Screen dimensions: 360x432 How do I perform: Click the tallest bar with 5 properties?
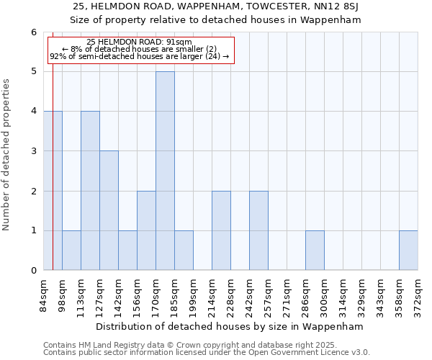coord(165,171)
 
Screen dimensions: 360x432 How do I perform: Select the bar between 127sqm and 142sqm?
coord(109,210)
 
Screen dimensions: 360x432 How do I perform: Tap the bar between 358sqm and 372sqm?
coord(408,250)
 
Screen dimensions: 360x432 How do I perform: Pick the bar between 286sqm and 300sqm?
coord(315,250)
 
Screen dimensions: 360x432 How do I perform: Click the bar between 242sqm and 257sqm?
coord(258,230)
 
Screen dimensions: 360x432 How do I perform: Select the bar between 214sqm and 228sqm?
coord(221,230)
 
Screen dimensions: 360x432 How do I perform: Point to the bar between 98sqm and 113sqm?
coord(71,250)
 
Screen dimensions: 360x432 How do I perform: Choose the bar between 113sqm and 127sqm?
coord(90,191)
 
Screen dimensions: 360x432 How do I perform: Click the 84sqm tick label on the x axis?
coord(43,294)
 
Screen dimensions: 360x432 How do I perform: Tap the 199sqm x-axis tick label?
coord(193,294)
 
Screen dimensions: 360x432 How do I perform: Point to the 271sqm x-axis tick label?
coord(287,294)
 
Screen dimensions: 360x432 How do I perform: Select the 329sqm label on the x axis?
coord(361,294)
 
